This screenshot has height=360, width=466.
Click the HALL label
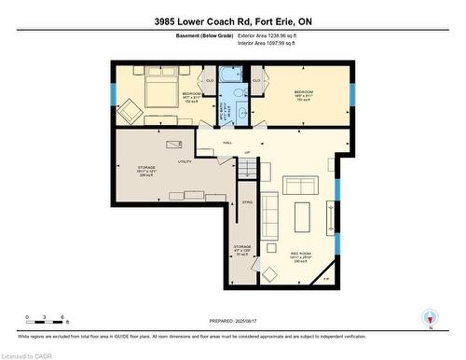pyautogui.click(x=227, y=143)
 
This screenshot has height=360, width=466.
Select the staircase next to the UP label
pyautogui.click(x=247, y=167)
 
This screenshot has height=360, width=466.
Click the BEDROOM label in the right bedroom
pyautogui.click(x=304, y=92)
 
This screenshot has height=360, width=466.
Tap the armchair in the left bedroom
pyautogui.click(x=130, y=110)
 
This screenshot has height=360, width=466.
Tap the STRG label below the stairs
pyautogui.click(x=247, y=201)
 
